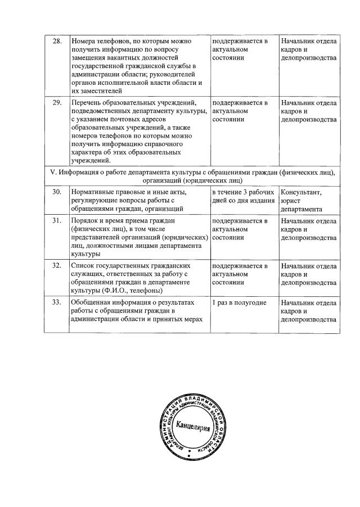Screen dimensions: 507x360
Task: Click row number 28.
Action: (56, 42)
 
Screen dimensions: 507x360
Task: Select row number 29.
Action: (56, 103)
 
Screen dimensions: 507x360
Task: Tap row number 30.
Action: (56, 193)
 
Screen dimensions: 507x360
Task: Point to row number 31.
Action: (56, 220)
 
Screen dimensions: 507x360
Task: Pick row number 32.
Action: (56, 265)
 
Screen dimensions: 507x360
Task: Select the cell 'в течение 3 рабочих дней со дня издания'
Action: (244, 197)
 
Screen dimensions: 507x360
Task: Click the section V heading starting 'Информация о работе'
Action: (192, 176)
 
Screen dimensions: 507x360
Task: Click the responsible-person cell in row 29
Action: (308, 111)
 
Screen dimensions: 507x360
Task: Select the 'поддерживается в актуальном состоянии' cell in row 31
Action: (240, 229)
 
